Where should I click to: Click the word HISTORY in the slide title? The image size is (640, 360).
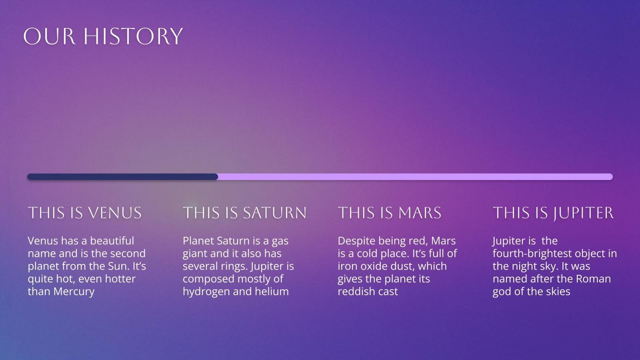tap(133, 36)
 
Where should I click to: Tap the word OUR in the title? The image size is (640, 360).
tap(50, 36)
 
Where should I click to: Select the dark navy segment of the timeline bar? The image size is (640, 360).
tap(122, 177)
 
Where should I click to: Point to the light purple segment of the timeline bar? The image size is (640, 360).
tap(416, 177)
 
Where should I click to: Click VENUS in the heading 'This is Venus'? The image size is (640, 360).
tap(115, 213)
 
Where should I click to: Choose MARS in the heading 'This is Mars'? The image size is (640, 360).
tap(420, 213)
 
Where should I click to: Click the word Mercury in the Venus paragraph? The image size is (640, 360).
tap(74, 292)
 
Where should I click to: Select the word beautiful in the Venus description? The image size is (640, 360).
tap(112, 241)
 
